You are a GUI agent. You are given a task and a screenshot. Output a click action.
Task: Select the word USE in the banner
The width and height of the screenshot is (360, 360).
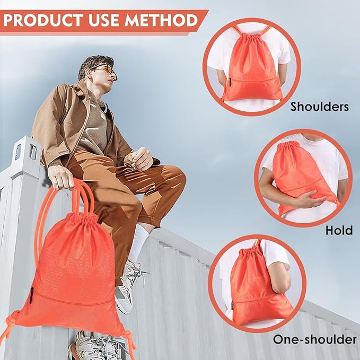click(102, 21)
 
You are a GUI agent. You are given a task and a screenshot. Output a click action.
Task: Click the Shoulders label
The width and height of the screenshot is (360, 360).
click(319, 107)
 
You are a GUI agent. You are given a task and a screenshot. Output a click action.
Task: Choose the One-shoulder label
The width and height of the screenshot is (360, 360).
click(314, 339)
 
